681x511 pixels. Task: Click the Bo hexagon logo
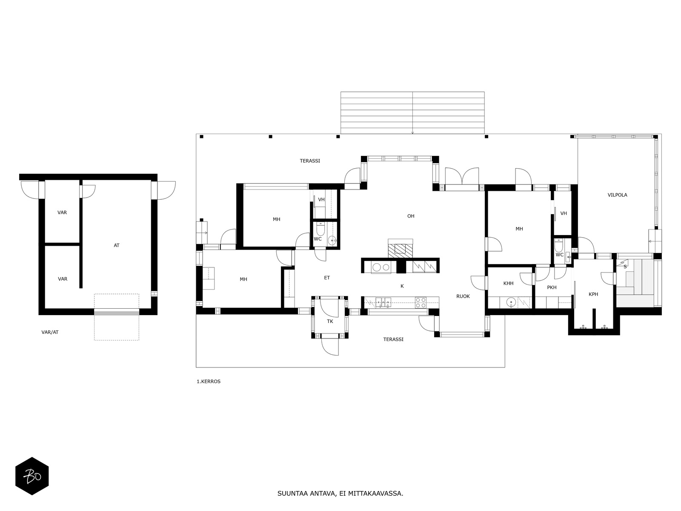[32, 476]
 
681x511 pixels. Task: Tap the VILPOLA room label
[617, 195]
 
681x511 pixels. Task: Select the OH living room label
[410, 216]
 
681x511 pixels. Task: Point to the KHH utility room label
[508, 283]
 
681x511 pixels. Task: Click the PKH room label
[552, 287]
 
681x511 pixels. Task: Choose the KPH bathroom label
[593, 294]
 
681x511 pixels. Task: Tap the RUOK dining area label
[463, 296]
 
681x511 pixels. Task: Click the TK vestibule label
[330, 322]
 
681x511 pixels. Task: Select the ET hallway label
[327, 278]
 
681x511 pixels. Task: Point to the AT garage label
[116, 245]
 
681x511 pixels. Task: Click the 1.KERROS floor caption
[209, 381]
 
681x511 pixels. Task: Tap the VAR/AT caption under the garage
[50, 332]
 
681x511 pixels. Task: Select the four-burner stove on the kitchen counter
[421, 302]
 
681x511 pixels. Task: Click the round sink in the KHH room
[511, 301]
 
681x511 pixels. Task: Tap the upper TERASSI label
[309, 161]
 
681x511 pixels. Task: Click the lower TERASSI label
[393, 339]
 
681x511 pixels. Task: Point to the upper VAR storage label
[62, 212]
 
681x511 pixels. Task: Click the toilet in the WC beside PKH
[558, 246]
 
